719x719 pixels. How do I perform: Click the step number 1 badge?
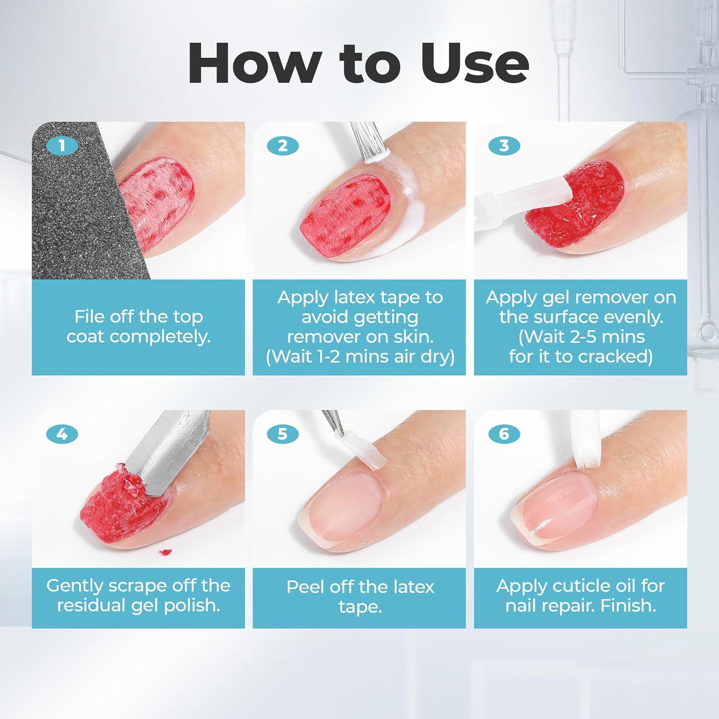61,145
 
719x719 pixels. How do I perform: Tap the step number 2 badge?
282,145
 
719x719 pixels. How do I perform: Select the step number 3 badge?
504,145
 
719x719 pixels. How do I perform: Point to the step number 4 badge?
61,434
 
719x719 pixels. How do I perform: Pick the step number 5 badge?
282,434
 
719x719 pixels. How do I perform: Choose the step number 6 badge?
504,434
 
